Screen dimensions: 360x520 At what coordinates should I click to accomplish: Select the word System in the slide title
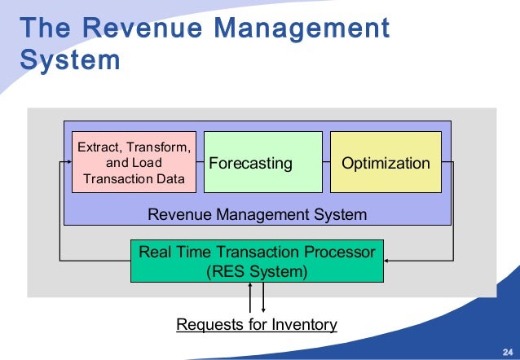click(x=70, y=61)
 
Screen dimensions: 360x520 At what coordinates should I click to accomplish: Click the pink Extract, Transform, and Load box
click(x=134, y=162)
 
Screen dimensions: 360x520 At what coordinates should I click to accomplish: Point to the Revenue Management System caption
click(x=257, y=214)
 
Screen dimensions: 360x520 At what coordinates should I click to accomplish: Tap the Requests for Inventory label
click(x=257, y=325)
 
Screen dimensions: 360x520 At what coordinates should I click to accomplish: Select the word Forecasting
click(x=250, y=163)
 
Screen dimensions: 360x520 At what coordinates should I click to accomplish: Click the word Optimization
click(x=386, y=163)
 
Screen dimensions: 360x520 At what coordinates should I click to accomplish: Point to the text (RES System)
click(x=258, y=270)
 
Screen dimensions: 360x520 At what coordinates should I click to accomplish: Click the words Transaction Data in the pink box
click(x=134, y=178)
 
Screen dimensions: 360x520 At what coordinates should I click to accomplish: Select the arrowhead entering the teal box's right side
click(x=388, y=261)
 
